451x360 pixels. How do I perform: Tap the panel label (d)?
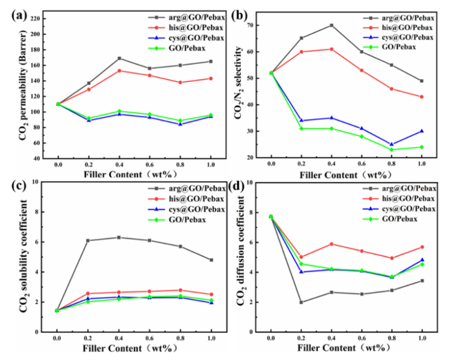coord(242,187)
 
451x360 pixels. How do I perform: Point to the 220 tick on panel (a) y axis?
coord(35,19)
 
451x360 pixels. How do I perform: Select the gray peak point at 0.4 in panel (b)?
coord(331,25)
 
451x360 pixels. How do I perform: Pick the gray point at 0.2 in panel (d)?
coord(301,302)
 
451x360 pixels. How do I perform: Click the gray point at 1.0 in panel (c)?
coord(211,260)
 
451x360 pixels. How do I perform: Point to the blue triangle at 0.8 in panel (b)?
coord(392,144)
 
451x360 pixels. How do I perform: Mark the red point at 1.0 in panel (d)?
coord(422,247)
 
